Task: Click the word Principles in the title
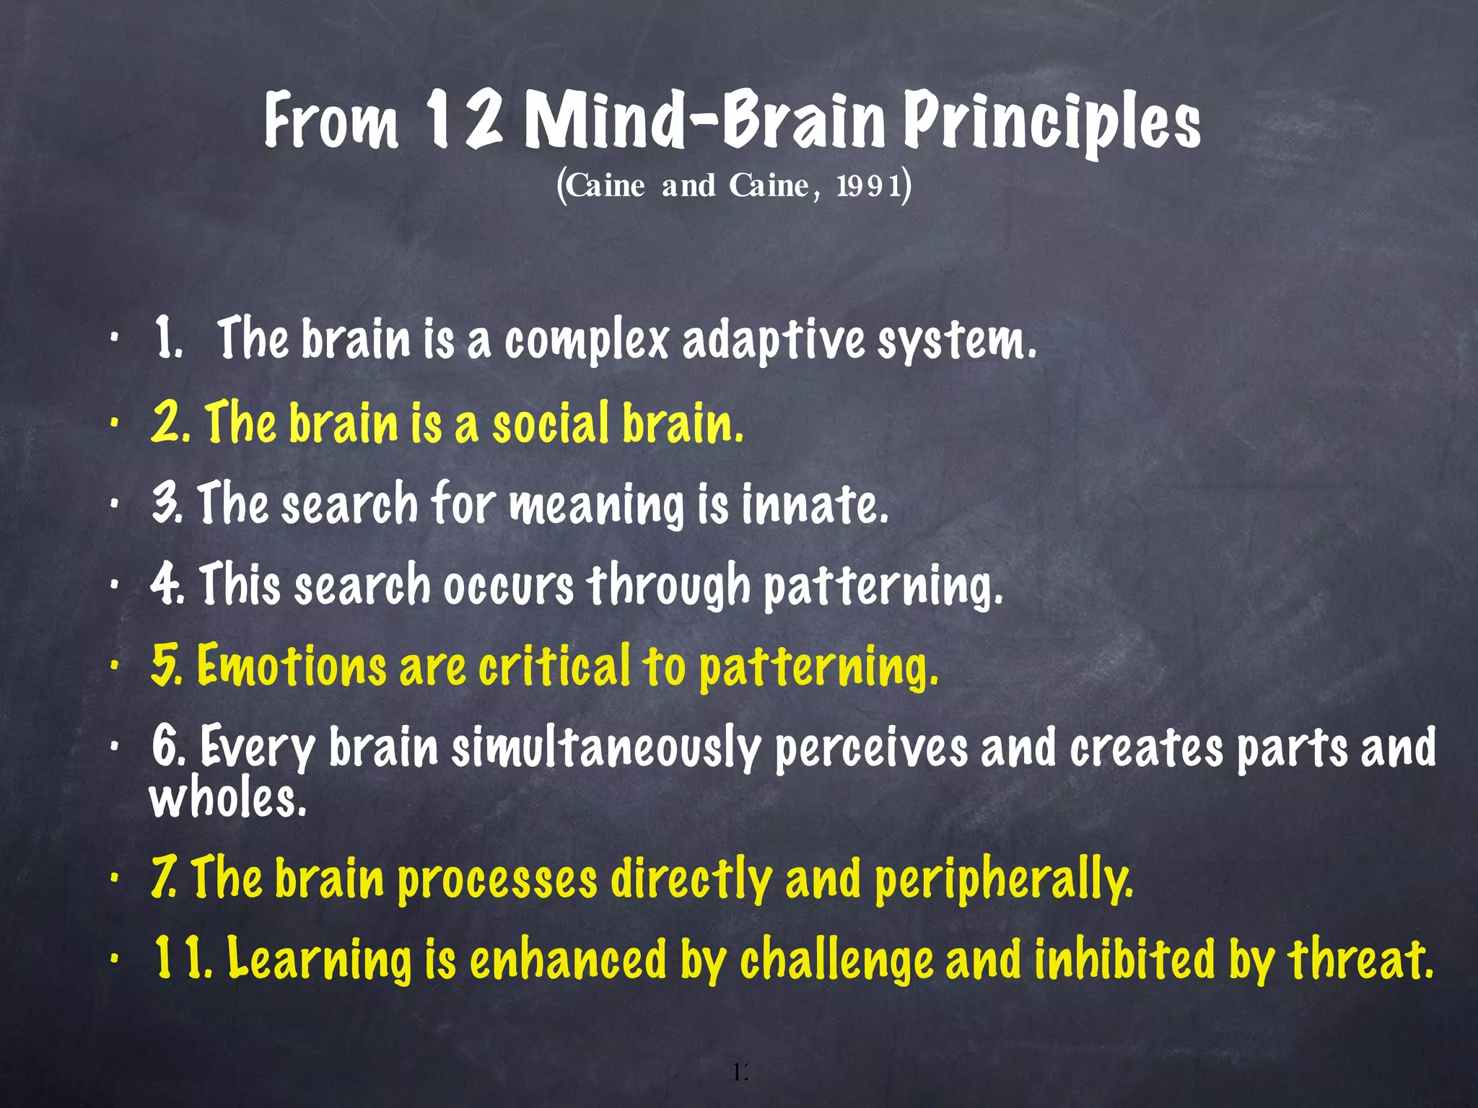(x=1052, y=123)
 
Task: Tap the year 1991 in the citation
(x=868, y=186)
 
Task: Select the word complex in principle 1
(x=587, y=340)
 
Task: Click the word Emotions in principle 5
(x=292, y=665)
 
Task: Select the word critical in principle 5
(x=554, y=665)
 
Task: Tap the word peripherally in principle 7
(x=1003, y=881)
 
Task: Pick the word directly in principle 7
(x=691, y=881)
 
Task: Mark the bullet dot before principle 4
(x=114, y=586)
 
